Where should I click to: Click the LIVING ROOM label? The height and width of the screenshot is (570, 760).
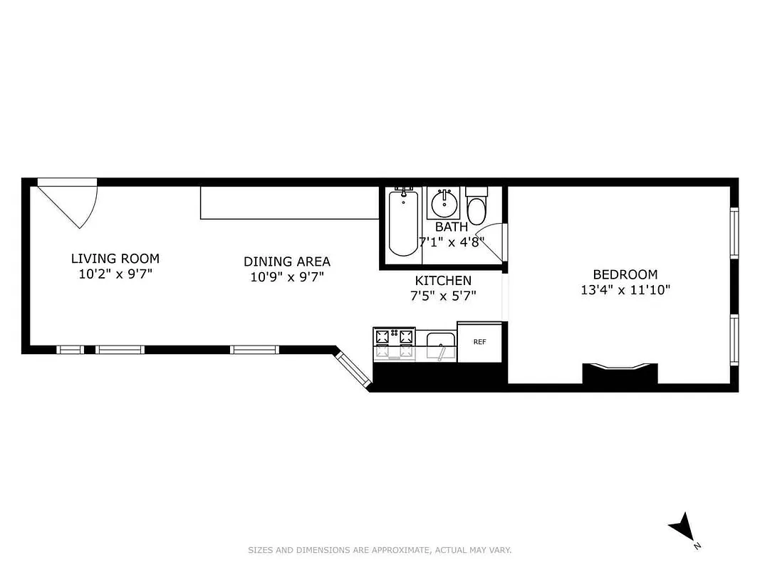coord(115,259)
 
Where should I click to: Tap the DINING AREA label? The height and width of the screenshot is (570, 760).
coord(286,261)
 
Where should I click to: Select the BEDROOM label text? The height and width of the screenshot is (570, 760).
coord(625,274)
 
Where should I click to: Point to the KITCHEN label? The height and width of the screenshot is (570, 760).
coord(443,281)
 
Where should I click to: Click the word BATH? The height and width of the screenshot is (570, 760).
coord(452,227)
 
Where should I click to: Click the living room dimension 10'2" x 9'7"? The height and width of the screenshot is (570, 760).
coord(115,274)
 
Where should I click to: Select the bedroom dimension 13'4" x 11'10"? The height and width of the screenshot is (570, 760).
coord(625,290)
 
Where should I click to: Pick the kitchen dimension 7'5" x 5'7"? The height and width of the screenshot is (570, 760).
coord(443,296)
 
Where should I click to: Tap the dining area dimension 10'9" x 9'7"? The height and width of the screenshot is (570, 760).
coord(286,276)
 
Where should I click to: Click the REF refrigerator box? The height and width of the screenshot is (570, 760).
coord(480,342)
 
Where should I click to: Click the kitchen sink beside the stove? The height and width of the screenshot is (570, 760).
coord(441,346)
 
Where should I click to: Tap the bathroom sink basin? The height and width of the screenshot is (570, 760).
coord(444,204)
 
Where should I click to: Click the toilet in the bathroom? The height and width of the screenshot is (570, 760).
coord(477,207)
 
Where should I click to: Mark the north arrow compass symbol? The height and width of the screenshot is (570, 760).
coord(682,528)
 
